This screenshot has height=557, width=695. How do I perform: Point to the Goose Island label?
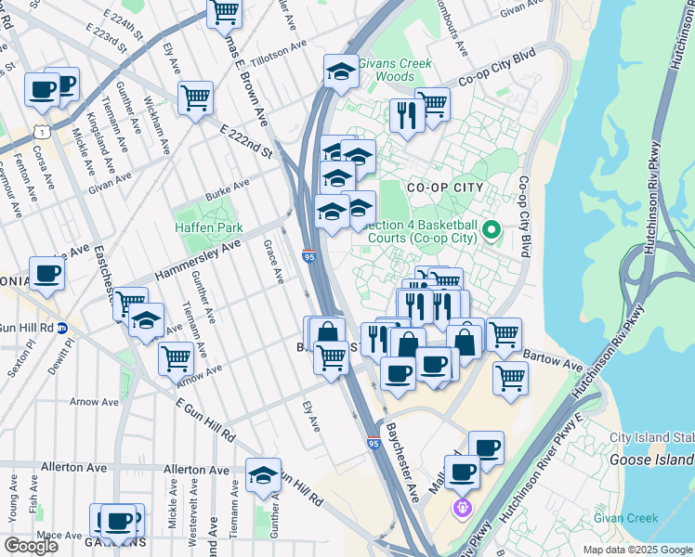coord(651,460)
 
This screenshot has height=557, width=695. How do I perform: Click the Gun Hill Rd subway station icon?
coord(63,328)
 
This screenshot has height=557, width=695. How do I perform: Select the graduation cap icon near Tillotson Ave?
coord(341,71)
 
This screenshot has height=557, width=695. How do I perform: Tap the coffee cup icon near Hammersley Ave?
coord(46,274)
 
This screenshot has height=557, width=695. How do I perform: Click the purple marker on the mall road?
coord(462,508)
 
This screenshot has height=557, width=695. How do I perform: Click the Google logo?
coord(31,546)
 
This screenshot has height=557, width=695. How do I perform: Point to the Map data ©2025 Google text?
coord(636,550)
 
